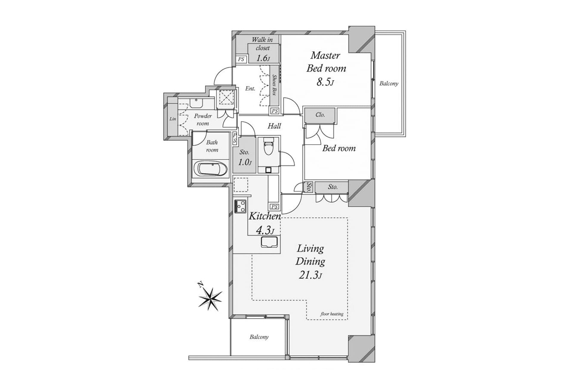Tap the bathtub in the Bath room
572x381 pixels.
(211, 169)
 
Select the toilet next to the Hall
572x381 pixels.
(268, 148)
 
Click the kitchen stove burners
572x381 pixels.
(240, 206)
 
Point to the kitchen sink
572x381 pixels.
(269, 242)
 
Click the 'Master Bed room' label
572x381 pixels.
(326, 62)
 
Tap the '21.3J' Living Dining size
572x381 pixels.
(310, 275)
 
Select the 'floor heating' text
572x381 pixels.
(332, 314)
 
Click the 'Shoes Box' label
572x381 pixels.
(274, 85)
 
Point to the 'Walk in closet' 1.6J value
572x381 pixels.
(263, 58)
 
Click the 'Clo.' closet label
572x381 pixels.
(320, 115)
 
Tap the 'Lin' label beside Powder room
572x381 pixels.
(172, 119)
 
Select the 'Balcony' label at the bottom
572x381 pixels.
(259, 337)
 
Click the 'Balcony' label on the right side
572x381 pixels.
(388, 84)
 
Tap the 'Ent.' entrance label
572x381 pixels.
(250, 88)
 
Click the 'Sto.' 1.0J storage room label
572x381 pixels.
(244, 152)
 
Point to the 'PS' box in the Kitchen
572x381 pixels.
(274, 207)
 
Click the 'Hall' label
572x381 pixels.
(274, 126)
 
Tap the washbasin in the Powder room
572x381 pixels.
(196, 103)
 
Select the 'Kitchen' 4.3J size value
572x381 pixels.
(265, 230)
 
